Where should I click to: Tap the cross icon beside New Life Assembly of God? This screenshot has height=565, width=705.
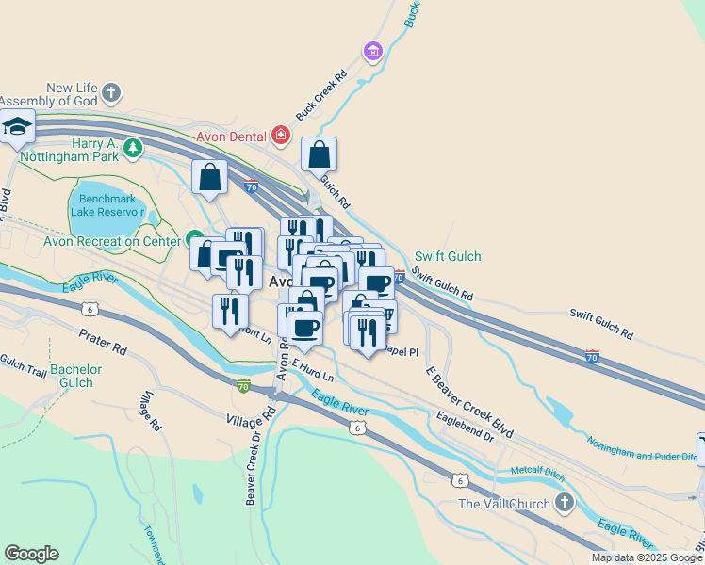click(112, 92)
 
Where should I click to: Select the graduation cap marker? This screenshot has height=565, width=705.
click(16, 126)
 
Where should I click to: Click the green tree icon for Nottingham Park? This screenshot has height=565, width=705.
click(134, 148)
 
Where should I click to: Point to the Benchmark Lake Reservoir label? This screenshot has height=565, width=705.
click(107, 205)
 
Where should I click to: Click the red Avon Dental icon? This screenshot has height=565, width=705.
click(280, 136)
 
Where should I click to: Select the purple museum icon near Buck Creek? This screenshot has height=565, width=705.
click(373, 49)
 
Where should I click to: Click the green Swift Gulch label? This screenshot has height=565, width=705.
click(448, 256)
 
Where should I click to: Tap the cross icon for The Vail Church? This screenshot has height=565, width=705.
click(565, 503)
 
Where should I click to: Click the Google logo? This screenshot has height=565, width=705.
click(31, 554)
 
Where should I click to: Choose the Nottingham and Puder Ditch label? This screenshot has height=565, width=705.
click(641, 448)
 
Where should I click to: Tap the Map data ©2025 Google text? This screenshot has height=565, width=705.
click(647, 557)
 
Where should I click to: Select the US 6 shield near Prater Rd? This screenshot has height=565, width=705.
click(90, 308)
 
